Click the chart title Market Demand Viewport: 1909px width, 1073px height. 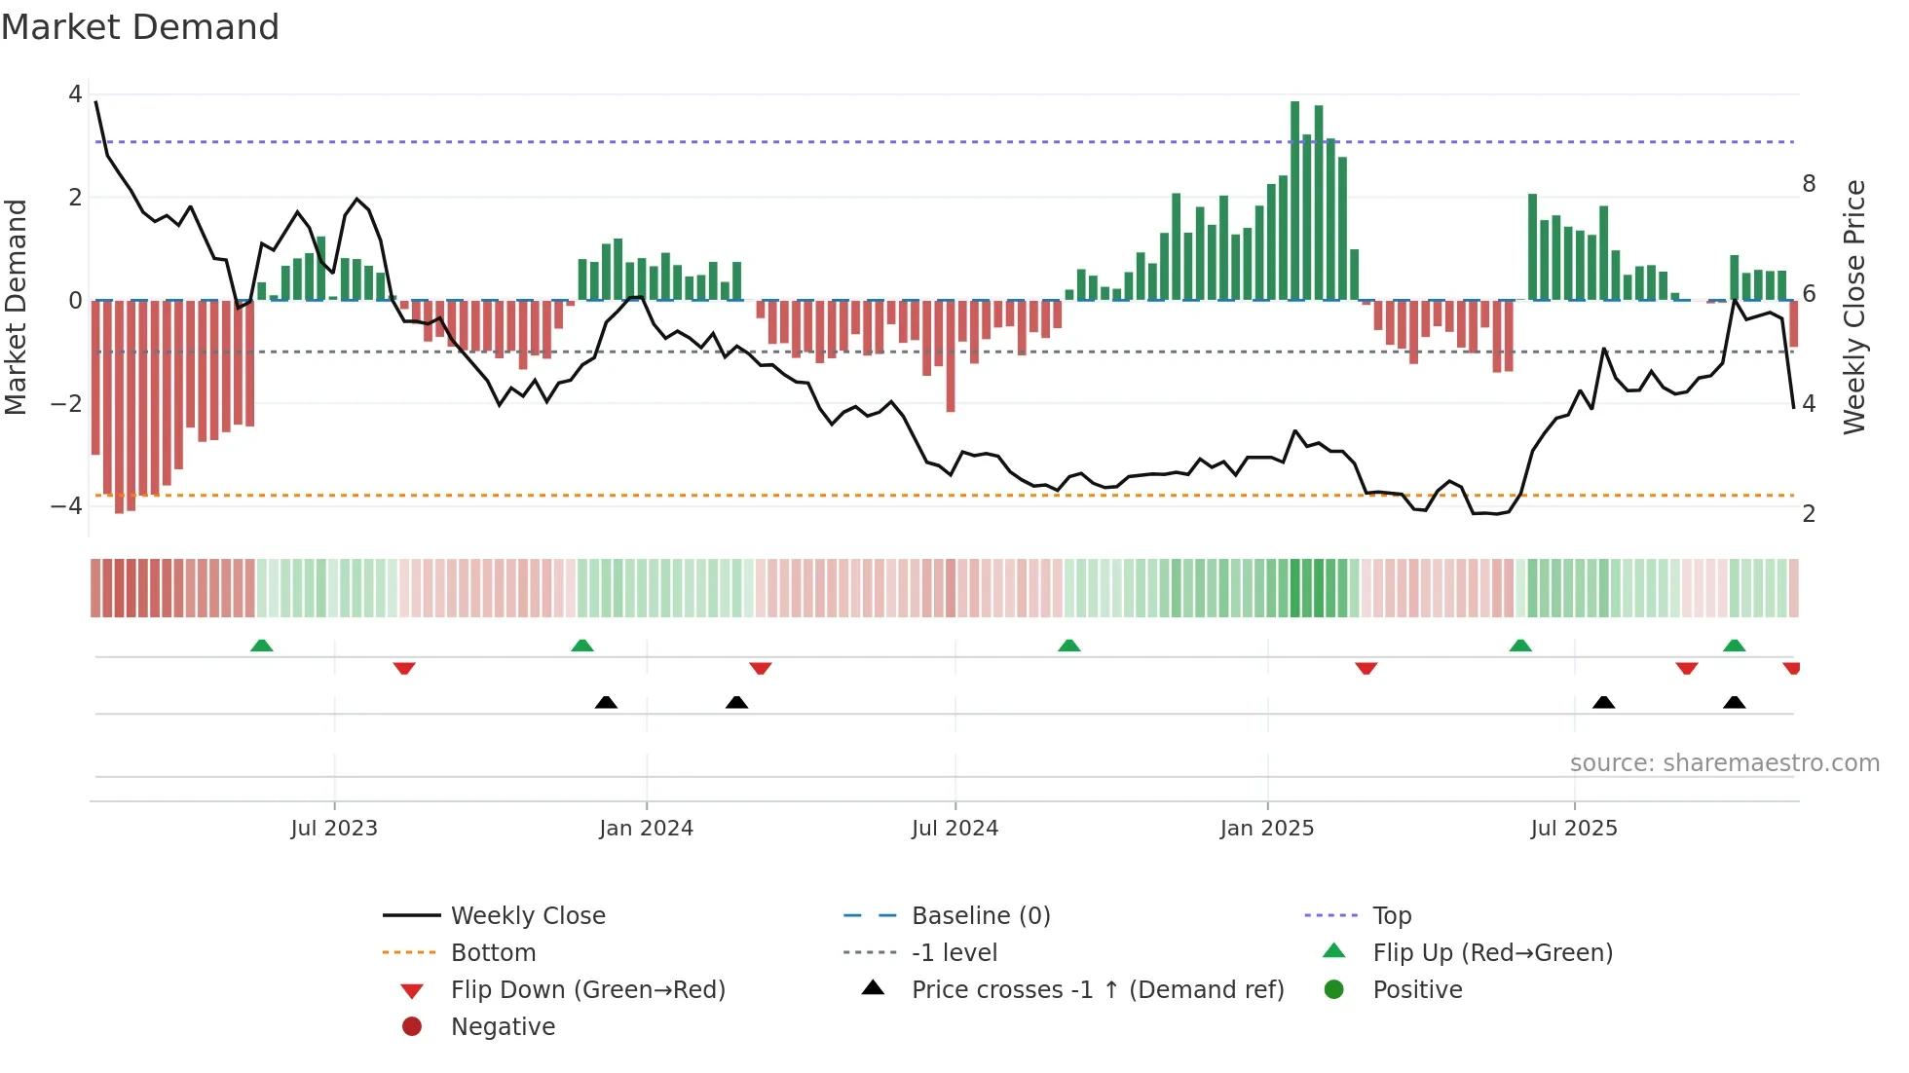[x=140, y=27]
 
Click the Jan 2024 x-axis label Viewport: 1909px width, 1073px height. [x=646, y=829]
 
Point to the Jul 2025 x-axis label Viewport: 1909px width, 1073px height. [x=1573, y=829]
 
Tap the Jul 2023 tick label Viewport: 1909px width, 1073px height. [x=334, y=829]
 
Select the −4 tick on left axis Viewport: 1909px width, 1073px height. [x=66, y=505]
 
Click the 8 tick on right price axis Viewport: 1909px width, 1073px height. [x=1809, y=184]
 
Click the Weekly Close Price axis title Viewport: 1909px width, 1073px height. [x=1854, y=307]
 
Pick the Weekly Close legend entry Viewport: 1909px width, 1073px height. [x=527, y=916]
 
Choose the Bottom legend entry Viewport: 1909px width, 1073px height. [x=493, y=953]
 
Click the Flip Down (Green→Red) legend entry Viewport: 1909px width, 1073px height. [x=587, y=990]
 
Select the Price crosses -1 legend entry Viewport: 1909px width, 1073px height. [x=1097, y=990]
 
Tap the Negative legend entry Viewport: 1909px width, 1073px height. [x=503, y=1027]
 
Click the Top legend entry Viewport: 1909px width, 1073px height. [x=1391, y=916]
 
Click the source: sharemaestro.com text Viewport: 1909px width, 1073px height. [x=1724, y=763]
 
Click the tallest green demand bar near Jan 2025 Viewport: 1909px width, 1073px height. [x=1294, y=200]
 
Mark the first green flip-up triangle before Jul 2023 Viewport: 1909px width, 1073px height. [x=261, y=646]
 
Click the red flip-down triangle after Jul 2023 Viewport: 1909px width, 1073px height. [x=404, y=668]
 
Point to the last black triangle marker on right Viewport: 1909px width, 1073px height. [x=1734, y=702]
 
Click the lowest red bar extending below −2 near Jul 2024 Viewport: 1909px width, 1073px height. [x=951, y=355]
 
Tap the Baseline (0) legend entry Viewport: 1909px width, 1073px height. [x=980, y=916]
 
